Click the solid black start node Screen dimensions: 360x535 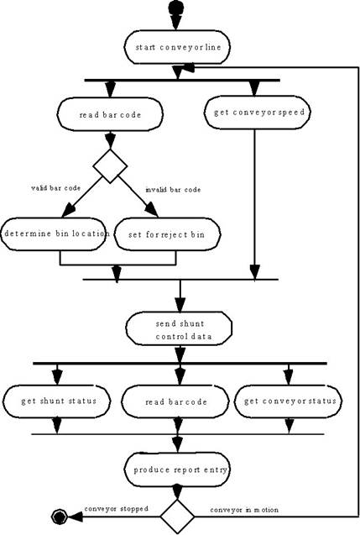coord(176,8)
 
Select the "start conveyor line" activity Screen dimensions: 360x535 coord(177,47)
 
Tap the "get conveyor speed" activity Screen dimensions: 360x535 coord(258,113)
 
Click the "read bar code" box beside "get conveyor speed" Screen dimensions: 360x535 coord(110,114)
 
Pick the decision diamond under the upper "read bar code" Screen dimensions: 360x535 coord(110,166)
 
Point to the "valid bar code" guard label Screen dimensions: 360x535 coord(56,188)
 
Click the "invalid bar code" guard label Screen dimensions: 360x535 coord(173,190)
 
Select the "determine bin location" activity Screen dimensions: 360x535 coord(54,234)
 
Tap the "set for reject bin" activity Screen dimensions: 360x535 coord(167,234)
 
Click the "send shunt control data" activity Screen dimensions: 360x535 coord(179,328)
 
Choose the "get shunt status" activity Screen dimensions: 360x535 coord(57,401)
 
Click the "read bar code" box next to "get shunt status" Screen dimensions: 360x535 coord(175,402)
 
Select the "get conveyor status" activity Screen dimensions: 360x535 coord(289,401)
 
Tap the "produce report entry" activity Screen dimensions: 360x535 coord(177,469)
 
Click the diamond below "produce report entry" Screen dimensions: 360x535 coord(177,517)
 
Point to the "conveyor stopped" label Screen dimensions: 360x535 coord(117,509)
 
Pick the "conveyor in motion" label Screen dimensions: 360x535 coord(244,510)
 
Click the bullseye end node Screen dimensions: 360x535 coord(60,517)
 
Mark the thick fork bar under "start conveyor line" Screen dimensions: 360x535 coord(182,80)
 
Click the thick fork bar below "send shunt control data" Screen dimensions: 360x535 coord(180,364)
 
